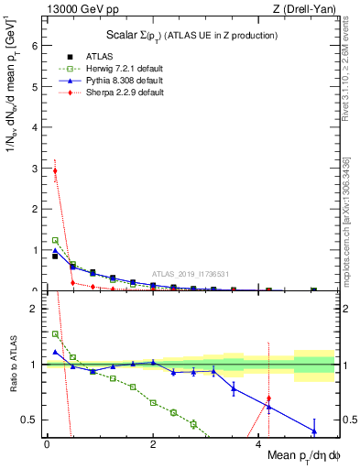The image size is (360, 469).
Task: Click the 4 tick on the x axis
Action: [259, 446]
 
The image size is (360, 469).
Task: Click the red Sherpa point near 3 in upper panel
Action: [55, 170]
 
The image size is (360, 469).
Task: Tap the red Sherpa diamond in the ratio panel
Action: [268, 399]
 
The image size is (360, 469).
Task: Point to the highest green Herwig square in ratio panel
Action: [55, 334]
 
